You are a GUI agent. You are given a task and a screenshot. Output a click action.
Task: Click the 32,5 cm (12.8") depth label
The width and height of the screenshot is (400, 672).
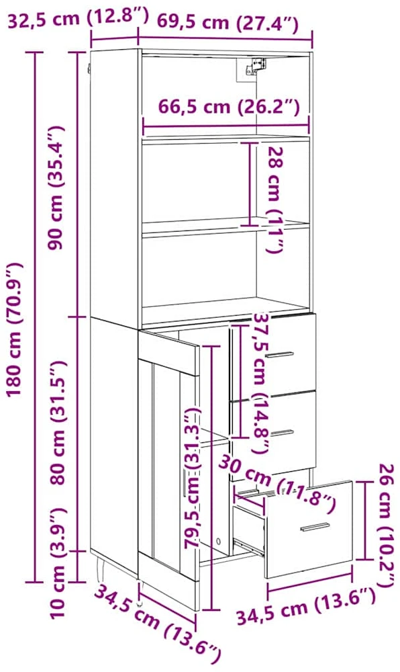(79, 19)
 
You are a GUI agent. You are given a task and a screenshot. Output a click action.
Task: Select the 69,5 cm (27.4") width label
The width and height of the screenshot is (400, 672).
(227, 22)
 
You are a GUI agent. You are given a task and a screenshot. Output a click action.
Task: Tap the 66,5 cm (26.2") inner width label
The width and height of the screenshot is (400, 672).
(229, 106)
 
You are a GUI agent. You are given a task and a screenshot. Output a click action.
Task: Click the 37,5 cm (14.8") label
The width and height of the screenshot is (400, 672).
(260, 384)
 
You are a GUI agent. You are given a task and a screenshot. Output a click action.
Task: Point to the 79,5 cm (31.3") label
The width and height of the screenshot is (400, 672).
(193, 477)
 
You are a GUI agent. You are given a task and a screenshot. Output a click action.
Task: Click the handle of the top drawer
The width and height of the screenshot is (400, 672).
(279, 354)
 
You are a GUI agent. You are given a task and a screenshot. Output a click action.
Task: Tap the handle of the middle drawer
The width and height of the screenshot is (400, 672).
(283, 433)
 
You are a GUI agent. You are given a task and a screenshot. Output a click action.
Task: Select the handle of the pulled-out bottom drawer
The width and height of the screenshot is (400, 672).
(315, 526)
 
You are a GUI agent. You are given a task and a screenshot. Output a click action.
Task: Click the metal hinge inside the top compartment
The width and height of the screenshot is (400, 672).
(256, 66)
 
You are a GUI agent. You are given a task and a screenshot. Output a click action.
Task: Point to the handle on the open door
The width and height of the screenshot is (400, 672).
(185, 483)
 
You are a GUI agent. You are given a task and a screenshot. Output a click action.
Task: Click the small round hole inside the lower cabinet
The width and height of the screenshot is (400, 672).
(219, 541)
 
